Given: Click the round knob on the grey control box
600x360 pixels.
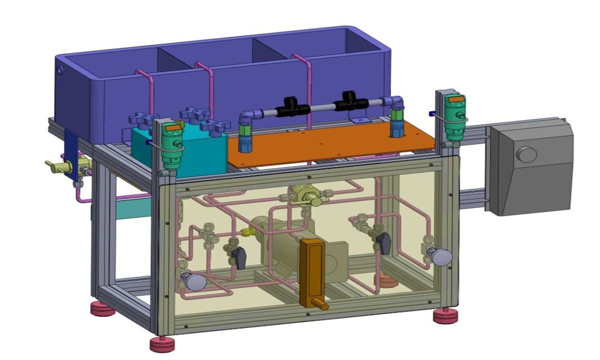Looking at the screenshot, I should click(x=526, y=154).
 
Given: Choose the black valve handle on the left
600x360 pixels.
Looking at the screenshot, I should click(x=239, y=257).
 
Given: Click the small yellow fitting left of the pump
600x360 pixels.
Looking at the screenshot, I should click(x=245, y=232).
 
